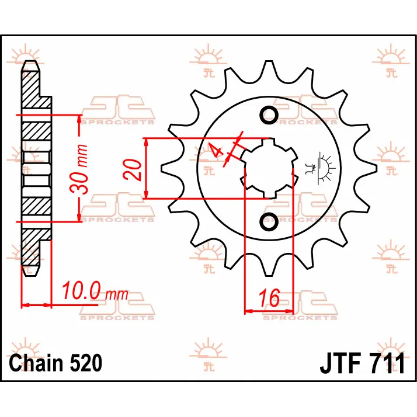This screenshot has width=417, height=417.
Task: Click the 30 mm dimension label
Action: click(x=82, y=169)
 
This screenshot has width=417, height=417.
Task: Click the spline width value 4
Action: click(x=217, y=151)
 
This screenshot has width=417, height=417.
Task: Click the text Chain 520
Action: click(x=56, y=363)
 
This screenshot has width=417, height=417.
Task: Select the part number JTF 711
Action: click(x=362, y=363)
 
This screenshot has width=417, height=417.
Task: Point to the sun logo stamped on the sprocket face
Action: click(x=322, y=168)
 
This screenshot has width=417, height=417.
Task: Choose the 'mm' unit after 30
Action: click(x=82, y=154)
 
